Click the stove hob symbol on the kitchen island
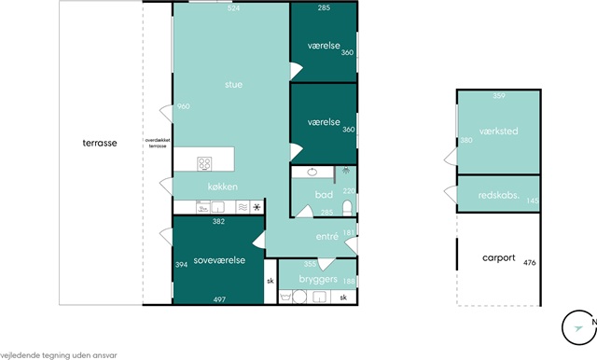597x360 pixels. click(204, 164)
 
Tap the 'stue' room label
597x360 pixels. click(233, 85)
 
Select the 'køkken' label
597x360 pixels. click(223, 187)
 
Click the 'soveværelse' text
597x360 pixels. click(219, 260)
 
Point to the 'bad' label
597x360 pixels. click(324, 195)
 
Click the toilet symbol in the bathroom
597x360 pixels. click(347, 208)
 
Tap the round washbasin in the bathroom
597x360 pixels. click(312, 172)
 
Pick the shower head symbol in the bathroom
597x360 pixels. click(346, 170)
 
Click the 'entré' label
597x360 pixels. click(327, 237)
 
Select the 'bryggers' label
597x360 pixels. click(318, 279)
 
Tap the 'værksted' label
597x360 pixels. click(499, 132)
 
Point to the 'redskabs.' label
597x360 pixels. click(499, 195)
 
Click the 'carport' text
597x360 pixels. click(499, 258)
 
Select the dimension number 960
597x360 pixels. click(184, 106)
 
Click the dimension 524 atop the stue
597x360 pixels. click(233, 8)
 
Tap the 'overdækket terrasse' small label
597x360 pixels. click(158, 143)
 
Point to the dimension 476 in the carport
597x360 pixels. click(530, 263)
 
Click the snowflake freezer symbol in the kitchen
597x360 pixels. click(257, 207)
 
